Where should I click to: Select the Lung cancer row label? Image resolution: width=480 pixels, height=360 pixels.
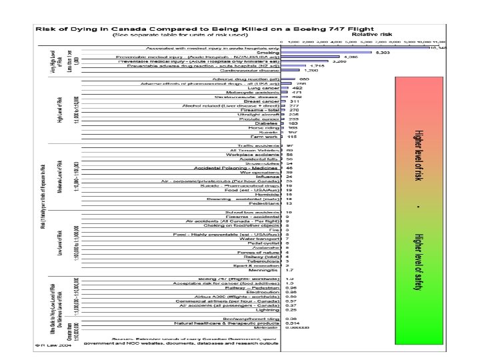pyautogui.click(x=265, y=88)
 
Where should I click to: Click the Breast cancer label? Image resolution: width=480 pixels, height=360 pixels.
pyautogui.click(x=261, y=101)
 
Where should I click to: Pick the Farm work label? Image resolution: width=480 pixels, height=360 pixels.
pyautogui.click(x=263, y=137)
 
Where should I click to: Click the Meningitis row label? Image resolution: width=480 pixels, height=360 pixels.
pyautogui.click(x=263, y=270)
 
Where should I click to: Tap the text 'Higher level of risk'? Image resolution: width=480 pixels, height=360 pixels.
pyautogui.click(x=419, y=164)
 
